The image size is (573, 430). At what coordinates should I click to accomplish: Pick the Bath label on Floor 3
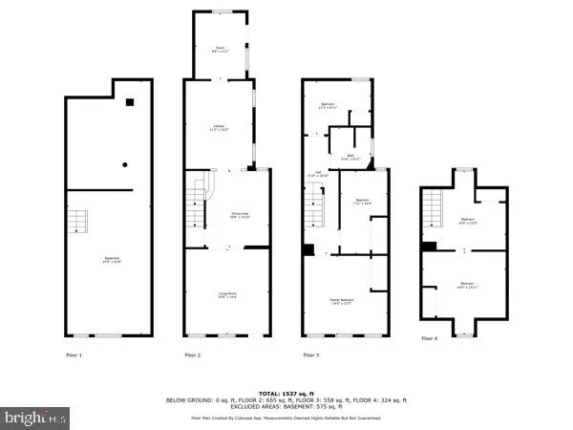point(350,157)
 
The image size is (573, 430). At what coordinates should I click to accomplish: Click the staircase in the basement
point(76,223)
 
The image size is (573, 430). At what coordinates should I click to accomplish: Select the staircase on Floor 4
point(435,205)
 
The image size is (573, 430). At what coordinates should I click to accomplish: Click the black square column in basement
point(130,103)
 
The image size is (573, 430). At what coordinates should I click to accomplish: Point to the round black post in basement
point(124,164)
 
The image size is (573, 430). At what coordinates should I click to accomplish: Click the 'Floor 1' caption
point(74,355)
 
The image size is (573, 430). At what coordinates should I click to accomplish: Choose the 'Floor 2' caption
point(192,355)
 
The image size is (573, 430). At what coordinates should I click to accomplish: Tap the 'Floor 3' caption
point(310,355)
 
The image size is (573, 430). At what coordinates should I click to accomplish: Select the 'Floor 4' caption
point(430,338)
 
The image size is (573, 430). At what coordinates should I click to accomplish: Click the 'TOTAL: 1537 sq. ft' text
point(286,393)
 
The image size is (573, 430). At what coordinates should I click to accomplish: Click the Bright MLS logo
point(35,418)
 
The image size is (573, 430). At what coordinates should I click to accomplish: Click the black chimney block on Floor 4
point(429,246)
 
